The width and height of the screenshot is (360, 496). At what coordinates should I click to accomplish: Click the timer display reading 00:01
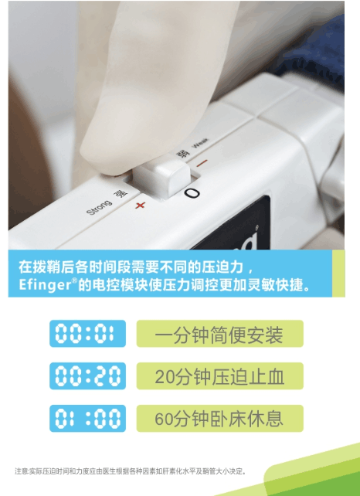87,335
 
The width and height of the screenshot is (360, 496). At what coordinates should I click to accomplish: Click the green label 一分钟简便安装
219,334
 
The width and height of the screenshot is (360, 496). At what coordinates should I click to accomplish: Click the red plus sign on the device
140,205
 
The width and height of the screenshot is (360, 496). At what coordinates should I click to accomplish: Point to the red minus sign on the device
202,163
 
